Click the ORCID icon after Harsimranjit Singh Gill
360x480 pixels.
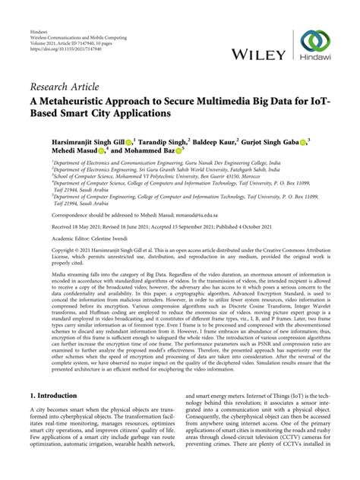(129, 141)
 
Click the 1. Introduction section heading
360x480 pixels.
(53, 396)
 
